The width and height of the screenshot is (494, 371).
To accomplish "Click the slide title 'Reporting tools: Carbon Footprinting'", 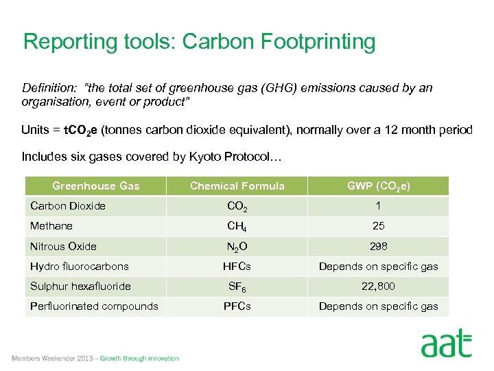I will click(199, 42).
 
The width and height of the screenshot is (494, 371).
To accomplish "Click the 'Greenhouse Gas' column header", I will click(95, 186).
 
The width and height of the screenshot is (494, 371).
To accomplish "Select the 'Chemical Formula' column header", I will click(237, 186).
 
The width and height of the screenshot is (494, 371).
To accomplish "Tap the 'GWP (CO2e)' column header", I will click(378, 186).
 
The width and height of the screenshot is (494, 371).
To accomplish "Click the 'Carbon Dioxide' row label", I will click(67, 205).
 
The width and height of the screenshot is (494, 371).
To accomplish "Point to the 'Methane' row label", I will click(51, 226).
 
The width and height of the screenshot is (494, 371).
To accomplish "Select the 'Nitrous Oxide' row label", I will click(63, 246).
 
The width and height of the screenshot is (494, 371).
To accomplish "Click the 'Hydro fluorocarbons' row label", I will click(80, 267).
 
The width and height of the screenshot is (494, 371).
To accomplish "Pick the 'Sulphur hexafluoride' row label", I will click(80, 286).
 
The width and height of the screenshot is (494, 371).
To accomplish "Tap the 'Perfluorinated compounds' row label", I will click(94, 306).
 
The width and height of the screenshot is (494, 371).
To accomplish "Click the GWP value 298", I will click(378, 246).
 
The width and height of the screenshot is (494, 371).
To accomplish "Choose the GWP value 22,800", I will click(378, 286).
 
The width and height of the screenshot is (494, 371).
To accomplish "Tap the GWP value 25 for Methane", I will click(378, 226).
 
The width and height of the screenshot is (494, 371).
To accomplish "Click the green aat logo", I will click(446, 344).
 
